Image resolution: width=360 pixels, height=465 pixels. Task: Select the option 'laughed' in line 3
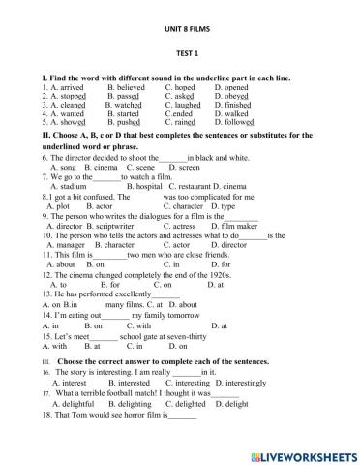[185, 108]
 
